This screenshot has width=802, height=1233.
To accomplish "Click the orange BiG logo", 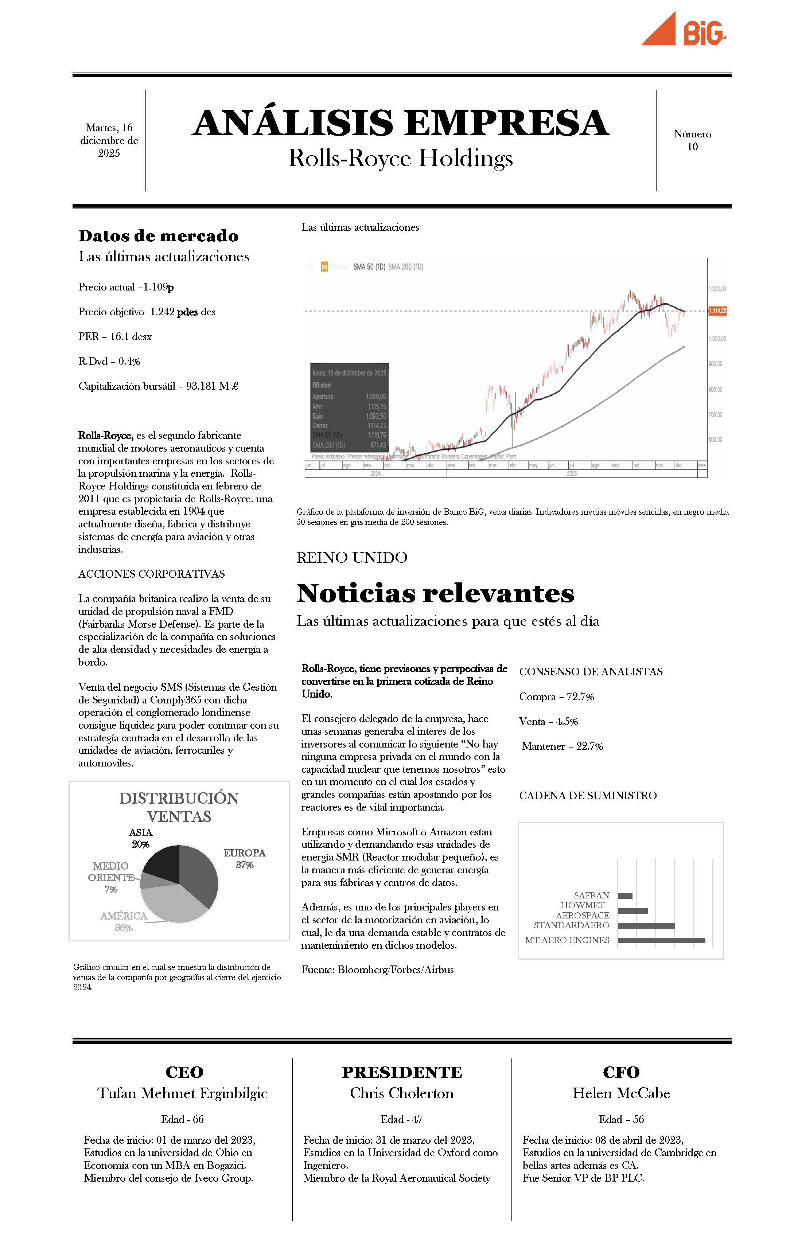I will click(684, 30).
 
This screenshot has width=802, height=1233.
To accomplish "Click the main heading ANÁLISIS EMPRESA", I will click(401, 123).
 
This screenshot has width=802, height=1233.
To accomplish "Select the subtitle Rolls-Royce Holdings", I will click(401, 158).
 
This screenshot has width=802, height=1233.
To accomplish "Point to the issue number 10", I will click(692, 147).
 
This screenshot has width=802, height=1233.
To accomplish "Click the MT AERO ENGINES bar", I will click(661, 940).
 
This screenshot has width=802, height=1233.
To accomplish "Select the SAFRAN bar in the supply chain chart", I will click(625, 896).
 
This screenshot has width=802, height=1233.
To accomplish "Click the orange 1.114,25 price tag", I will click(717, 311).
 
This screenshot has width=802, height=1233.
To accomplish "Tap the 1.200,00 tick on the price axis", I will click(717, 289).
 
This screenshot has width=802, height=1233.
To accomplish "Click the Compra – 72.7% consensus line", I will click(556, 697).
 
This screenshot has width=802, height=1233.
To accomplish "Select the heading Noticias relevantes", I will click(435, 593).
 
